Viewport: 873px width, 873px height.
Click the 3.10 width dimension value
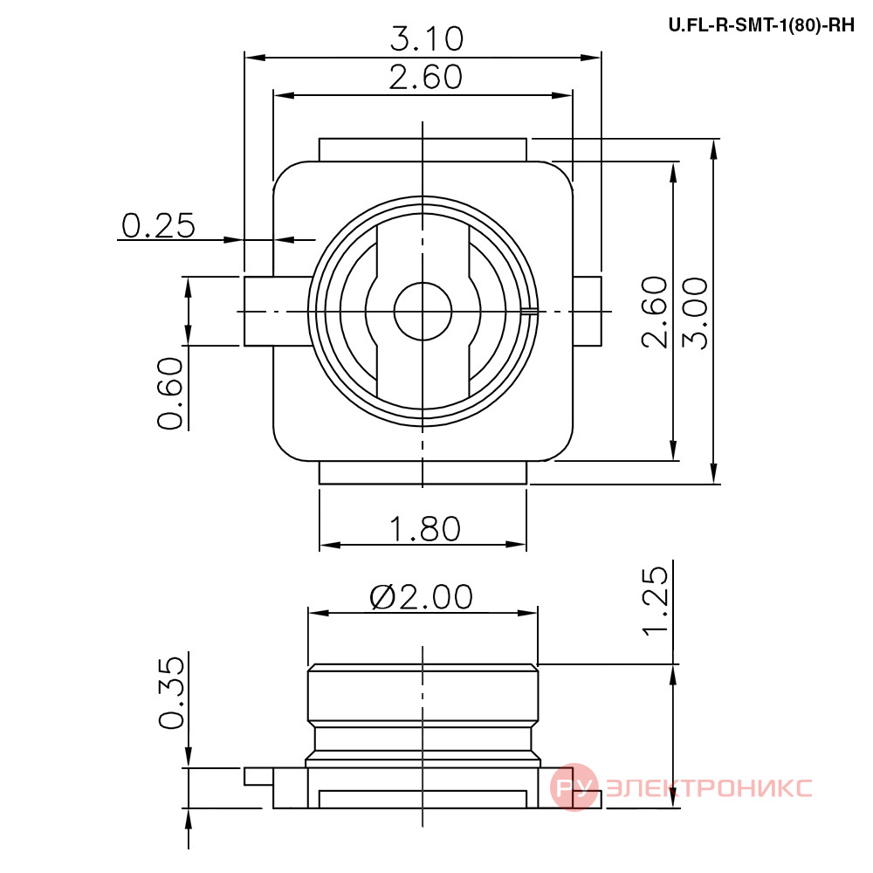pos(427,39)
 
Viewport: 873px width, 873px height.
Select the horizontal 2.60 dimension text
pos(426,78)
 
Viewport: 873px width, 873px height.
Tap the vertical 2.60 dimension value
pos(655,313)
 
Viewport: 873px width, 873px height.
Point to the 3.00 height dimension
pos(696,313)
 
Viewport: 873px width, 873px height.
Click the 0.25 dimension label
pos(159,226)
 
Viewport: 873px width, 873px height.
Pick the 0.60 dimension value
pos(170,393)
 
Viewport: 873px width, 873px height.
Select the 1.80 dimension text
pos(425,529)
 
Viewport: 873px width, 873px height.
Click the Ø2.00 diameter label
pos(422,597)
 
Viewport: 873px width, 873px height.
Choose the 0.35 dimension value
pos(171,693)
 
